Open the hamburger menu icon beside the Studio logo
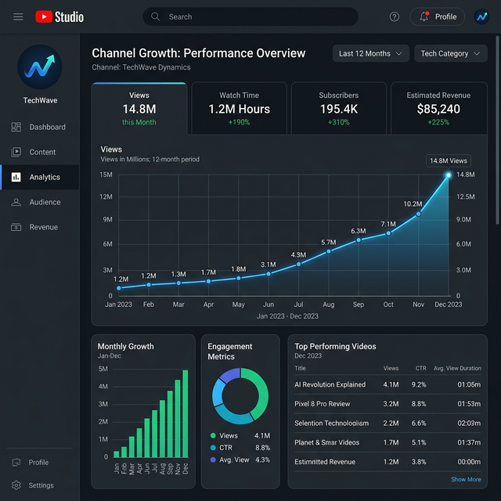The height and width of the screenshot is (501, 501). coord(18,16)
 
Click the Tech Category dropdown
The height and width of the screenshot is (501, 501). coord(450,53)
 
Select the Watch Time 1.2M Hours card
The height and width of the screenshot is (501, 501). coord(239,108)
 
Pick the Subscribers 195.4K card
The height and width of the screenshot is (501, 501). coord(338,108)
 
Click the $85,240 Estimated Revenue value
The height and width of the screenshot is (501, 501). coord(438,110)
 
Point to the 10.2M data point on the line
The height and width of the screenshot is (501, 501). coord(418,214)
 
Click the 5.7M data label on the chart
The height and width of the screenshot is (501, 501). coord(328,243)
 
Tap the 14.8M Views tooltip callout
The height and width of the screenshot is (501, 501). coord(448,160)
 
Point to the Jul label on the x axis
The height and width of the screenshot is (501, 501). coord(298,304)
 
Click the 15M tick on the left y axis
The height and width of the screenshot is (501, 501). coord(106,175)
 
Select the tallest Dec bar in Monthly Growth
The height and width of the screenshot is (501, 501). coord(186,413)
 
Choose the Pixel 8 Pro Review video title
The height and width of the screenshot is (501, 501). coord(322,404)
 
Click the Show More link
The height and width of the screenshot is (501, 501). coord(466,479)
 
